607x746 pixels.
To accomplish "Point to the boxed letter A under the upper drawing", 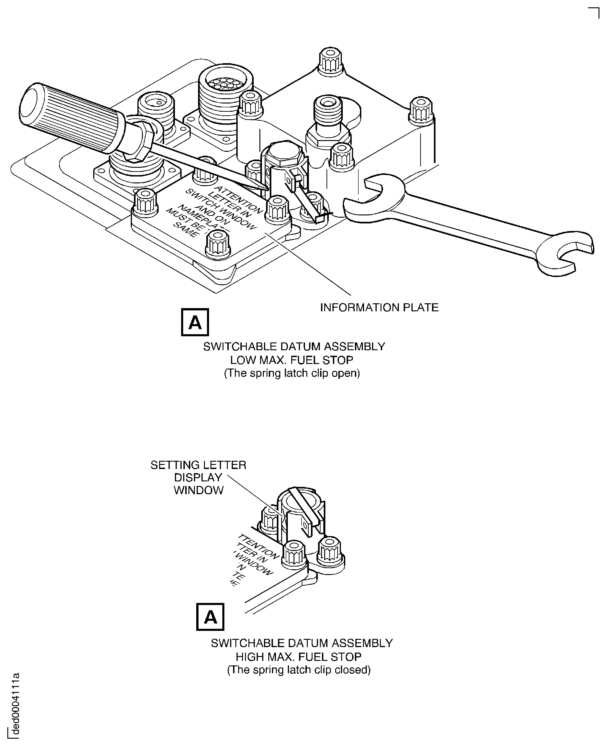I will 195,322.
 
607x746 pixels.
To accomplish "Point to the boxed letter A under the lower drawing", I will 210,617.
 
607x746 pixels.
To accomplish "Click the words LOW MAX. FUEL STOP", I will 292,360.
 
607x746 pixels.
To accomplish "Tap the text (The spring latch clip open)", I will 292,373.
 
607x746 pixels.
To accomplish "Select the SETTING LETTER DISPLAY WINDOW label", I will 198,477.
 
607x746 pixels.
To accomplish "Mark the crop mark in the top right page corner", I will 594,12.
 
